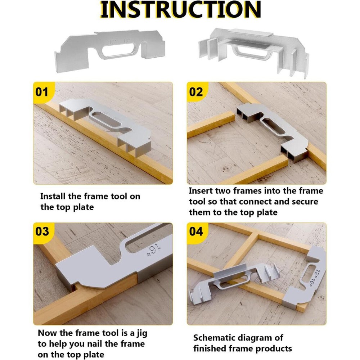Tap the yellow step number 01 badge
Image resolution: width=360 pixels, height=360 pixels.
pos(42,92)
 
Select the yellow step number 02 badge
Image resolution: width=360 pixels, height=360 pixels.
pos(196,92)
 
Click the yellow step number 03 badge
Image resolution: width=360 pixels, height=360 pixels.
pos(42,231)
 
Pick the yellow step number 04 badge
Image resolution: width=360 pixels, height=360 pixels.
pos(196,231)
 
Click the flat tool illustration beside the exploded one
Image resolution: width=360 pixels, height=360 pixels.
pos(110,50)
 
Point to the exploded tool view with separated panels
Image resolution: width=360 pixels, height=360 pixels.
pos(254,50)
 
